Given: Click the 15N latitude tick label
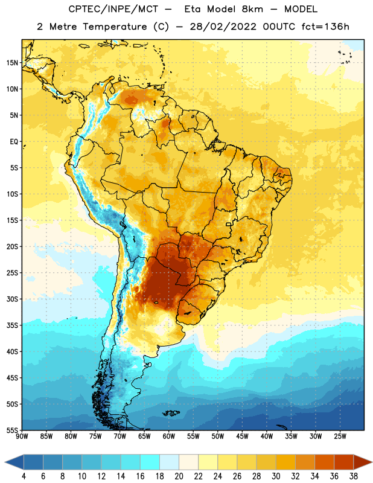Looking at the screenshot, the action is click(12, 63).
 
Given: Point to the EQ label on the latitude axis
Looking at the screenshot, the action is click(14, 142).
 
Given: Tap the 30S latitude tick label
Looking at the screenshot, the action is click(12, 299).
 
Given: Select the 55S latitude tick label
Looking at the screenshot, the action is click(12, 430).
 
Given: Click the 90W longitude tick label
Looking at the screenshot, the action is click(22, 437).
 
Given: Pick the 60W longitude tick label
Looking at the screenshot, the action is click(169, 437).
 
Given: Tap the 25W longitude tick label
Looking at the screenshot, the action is click(340, 437).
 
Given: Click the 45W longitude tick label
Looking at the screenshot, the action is click(242, 437).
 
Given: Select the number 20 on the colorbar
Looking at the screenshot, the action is click(179, 476).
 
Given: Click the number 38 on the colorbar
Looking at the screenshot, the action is click(354, 476).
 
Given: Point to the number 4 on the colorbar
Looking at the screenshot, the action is click(24, 476).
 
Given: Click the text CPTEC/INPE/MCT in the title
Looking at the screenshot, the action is click(113, 9).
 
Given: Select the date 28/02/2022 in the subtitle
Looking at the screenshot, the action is click(223, 27).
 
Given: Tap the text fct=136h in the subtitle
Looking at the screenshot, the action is click(325, 27).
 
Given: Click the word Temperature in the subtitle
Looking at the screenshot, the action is click(115, 27).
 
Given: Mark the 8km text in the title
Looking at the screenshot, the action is click(252, 9).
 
